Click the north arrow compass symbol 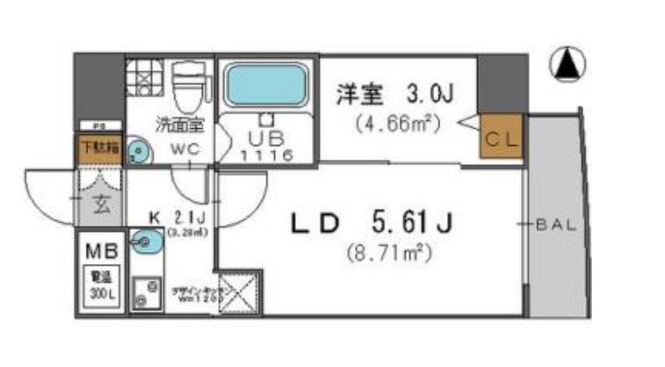pyautogui.click(x=568, y=65)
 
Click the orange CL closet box pyautogui.click(x=502, y=138)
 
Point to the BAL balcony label pyautogui.click(x=555, y=225)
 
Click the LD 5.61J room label pyautogui.click(x=372, y=225)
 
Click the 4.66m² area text pyautogui.click(x=396, y=123)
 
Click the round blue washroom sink pyautogui.click(x=138, y=154)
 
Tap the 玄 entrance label pyautogui.click(x=101, y=207)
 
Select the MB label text pyautogui.click(x=98, y=252)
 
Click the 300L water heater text pyautogui.click(x=98, y=291)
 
